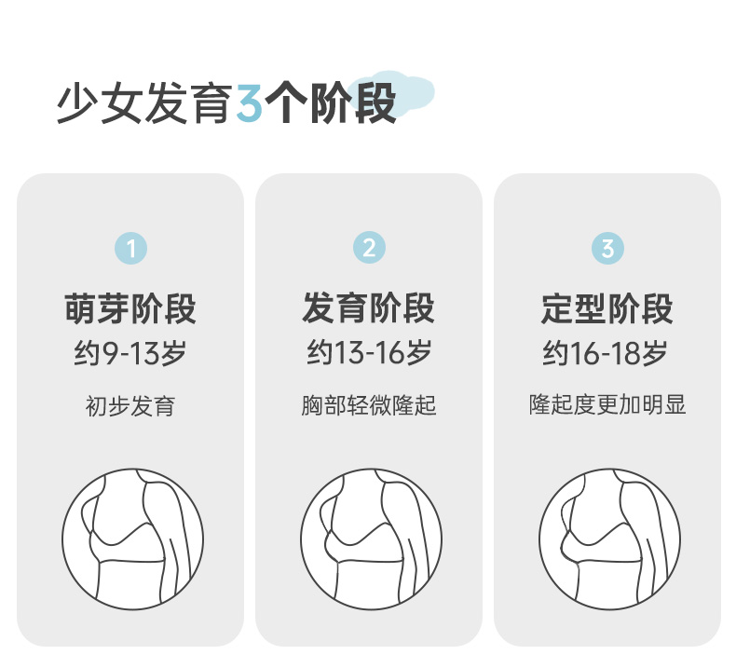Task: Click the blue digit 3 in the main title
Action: click(x=249, y=103)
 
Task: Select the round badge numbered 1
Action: click(x=131, y=249)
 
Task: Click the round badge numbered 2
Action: click(x=370, y=248)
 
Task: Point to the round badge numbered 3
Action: click(x=607, y=249)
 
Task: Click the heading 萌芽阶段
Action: click(x=130, y=308)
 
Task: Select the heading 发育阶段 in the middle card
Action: click(x=369, y=308)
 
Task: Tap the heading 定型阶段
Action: click(x=607, y=308)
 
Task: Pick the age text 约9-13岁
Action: click(x=130, y=353)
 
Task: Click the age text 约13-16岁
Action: click(x=369, y=352)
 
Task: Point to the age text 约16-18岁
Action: click(x=605, y=353)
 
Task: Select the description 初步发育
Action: click(x=130, y=406)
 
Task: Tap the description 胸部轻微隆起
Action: click(x=369, y=405)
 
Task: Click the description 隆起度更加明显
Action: click(x=607, y=404)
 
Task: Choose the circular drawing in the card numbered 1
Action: click(x=133, y=539)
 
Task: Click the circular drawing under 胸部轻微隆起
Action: click(x=372, y=539)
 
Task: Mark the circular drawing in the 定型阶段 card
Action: click(x=609, y=539)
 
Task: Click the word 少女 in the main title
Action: click(x=100, y=103)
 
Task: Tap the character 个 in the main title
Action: click(x=286, y=102)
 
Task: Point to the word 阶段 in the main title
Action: click(x=352, y=102)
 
